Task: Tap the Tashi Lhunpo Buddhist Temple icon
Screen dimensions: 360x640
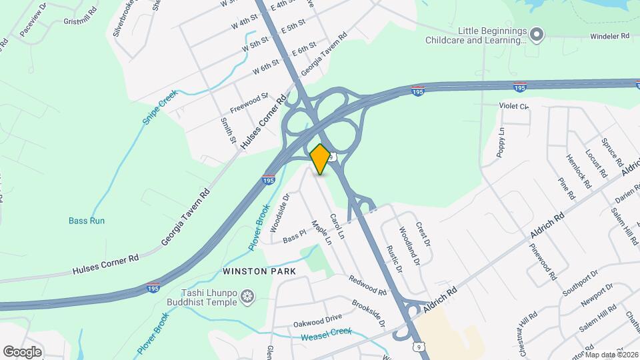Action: [x=248, y=296]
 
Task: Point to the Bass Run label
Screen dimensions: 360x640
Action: [x=87, y=221]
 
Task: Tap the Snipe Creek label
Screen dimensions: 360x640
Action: [x=159, y=107]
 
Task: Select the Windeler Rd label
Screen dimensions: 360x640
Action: [x=609, y=37]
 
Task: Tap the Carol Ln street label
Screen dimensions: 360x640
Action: [x=337, y=227]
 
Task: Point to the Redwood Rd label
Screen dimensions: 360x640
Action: [x=367, y=286]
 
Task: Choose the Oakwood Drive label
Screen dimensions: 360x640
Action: [x=317, y=321]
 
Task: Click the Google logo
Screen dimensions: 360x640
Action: [x=22, y=351]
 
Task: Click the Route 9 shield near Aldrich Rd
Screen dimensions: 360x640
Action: [x=418, y=347]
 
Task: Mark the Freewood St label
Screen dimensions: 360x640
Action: [x=249, y=102]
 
